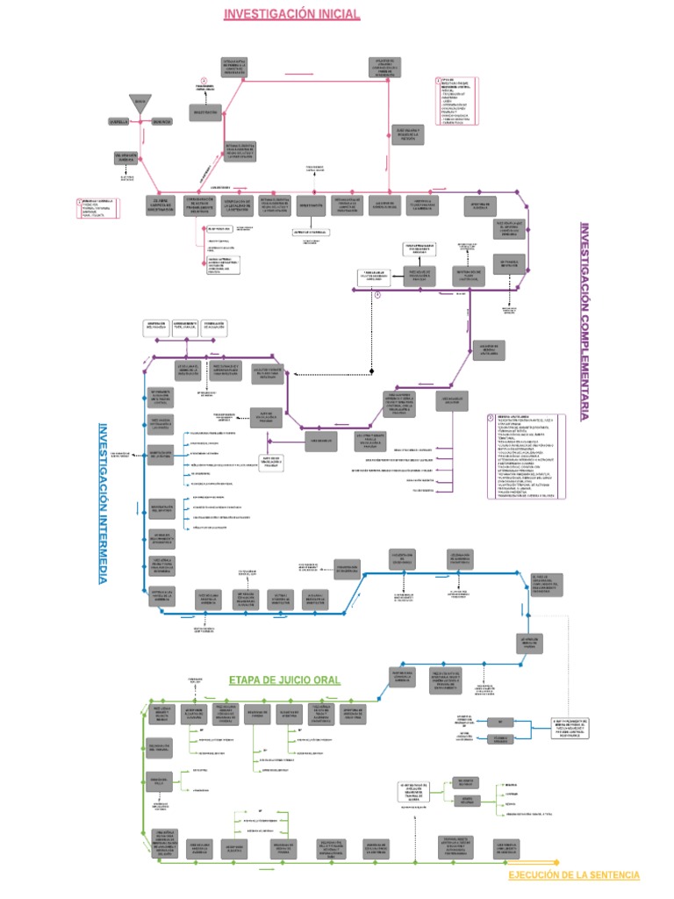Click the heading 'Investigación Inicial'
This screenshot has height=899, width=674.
pos(279,14)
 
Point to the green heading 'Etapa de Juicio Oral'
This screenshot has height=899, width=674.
pos(284,680)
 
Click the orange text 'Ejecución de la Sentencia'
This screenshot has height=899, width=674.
pos(574,875)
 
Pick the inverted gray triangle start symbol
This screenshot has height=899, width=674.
pos(140,102)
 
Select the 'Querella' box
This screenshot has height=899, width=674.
pos(118,120)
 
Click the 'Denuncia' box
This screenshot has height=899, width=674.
pos(161,120)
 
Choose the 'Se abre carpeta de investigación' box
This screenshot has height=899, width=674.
pos(159,205)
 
